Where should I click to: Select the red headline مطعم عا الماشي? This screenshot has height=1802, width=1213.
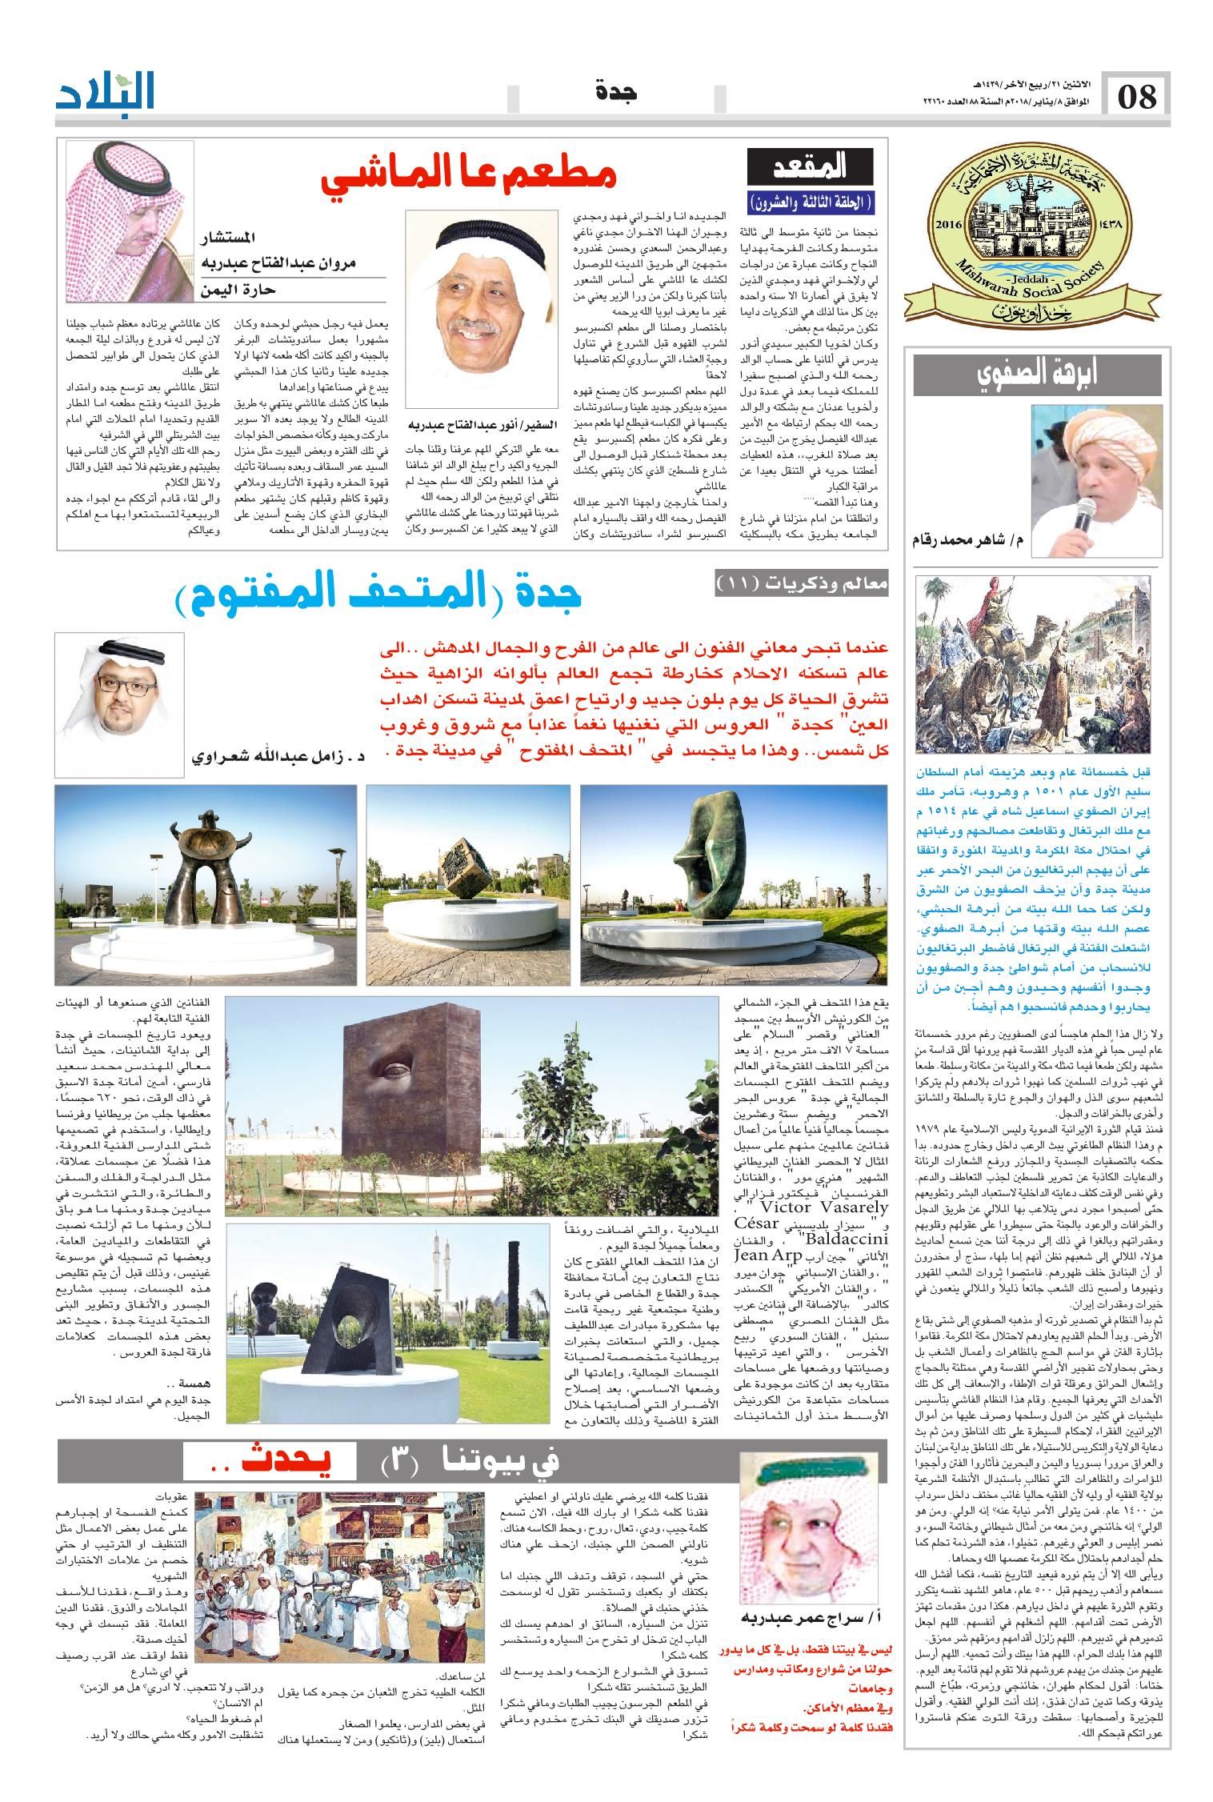pyautogui.click(x=469, y=177)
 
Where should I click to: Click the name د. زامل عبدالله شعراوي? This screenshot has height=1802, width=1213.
pyautogui.click(x=274, y=755)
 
